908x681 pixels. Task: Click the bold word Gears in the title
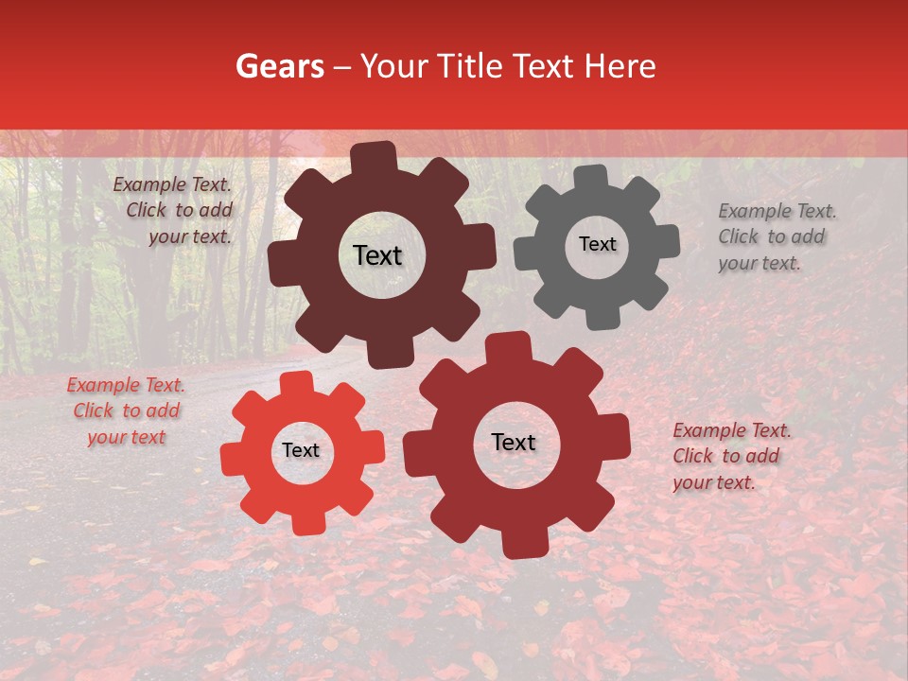pos(278,66)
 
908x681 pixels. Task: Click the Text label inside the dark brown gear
pos(377,255)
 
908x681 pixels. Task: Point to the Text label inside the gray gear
pos(597,244)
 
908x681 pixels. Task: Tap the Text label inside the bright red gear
pos(301,451)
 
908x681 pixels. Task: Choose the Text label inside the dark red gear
pos(514,443)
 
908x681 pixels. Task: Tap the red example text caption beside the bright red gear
pos(126,410)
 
